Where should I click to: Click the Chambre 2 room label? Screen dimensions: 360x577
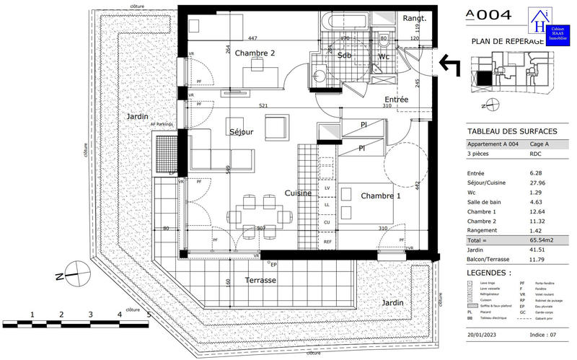255,53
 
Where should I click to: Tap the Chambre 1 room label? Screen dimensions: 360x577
381,196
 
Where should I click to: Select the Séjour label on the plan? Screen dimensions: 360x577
242,132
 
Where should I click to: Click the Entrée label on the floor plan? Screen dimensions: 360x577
397,100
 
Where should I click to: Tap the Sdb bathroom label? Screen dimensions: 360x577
344,56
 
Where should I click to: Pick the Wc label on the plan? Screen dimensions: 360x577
384,56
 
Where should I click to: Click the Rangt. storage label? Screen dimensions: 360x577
415,19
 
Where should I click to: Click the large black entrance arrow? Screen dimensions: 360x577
454,65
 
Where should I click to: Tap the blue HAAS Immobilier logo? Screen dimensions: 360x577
547,26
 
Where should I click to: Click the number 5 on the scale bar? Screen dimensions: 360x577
148,315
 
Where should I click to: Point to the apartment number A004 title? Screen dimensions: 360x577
489,14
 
